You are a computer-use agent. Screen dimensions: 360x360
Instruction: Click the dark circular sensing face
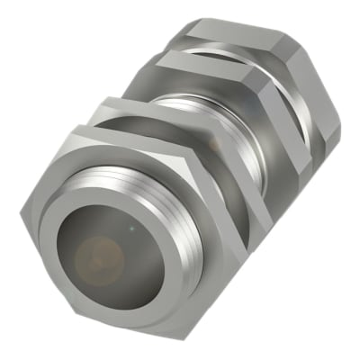click(x=97, y=256)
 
